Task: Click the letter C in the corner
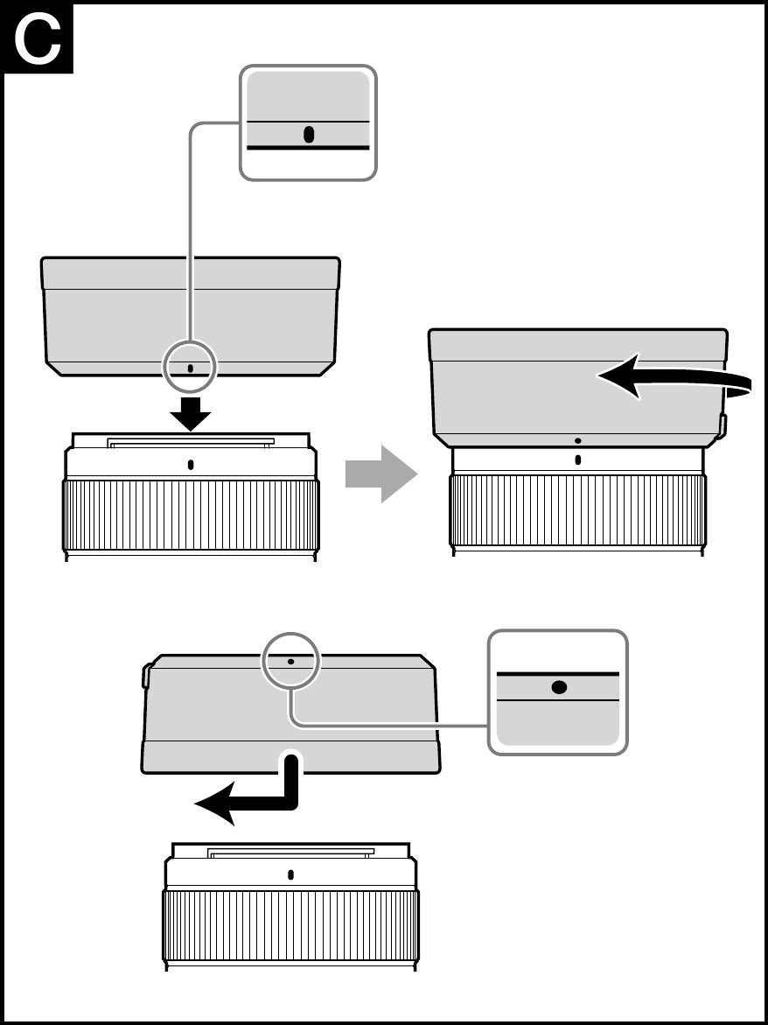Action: pos(38,38)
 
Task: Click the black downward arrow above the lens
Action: pos(191,413)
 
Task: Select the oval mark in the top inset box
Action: pos(308,135)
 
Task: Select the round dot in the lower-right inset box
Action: pos(558,687)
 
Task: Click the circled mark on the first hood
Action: pos(191,368)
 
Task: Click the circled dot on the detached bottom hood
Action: pos(291,662)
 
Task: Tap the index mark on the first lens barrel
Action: pos(191,464)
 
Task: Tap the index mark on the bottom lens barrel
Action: pos(290,874)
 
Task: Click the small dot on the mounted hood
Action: pos(578,441)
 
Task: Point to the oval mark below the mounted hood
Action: pos(578,460)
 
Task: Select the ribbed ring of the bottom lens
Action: pos(290,925)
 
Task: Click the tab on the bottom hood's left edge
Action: pos(146,675)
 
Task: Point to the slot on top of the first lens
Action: pos(191,443)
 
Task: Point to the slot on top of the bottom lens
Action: pos(290,852)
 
